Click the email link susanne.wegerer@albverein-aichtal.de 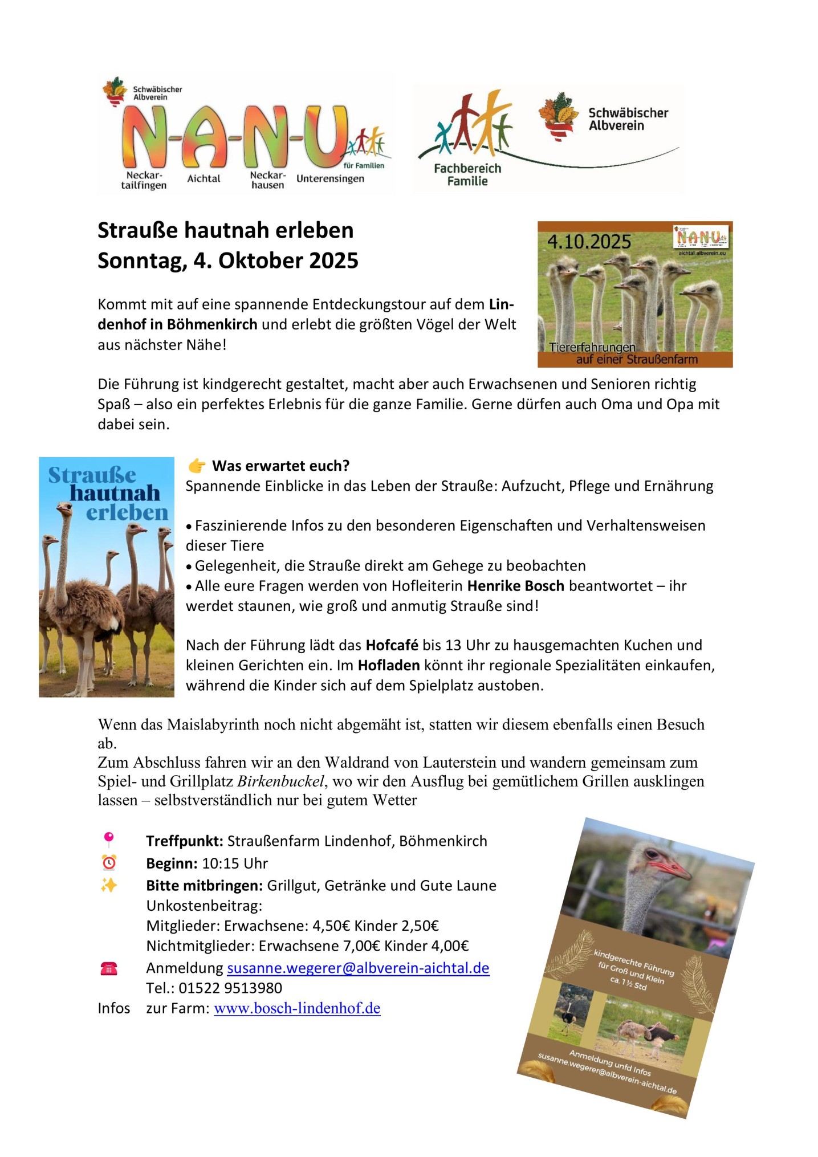358,968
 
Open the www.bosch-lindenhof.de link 297,1008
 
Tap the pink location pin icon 108,840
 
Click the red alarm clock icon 108,862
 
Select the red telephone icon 108,968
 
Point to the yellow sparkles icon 108,885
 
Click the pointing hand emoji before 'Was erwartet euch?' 197,466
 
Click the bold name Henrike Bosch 515,585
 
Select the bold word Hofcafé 392,645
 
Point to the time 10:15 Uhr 235,863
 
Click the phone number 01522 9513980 230,988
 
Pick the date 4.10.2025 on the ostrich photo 589,242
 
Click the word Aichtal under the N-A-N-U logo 204,178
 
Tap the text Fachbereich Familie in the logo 467,174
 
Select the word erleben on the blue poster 127,512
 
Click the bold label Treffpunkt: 184,841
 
